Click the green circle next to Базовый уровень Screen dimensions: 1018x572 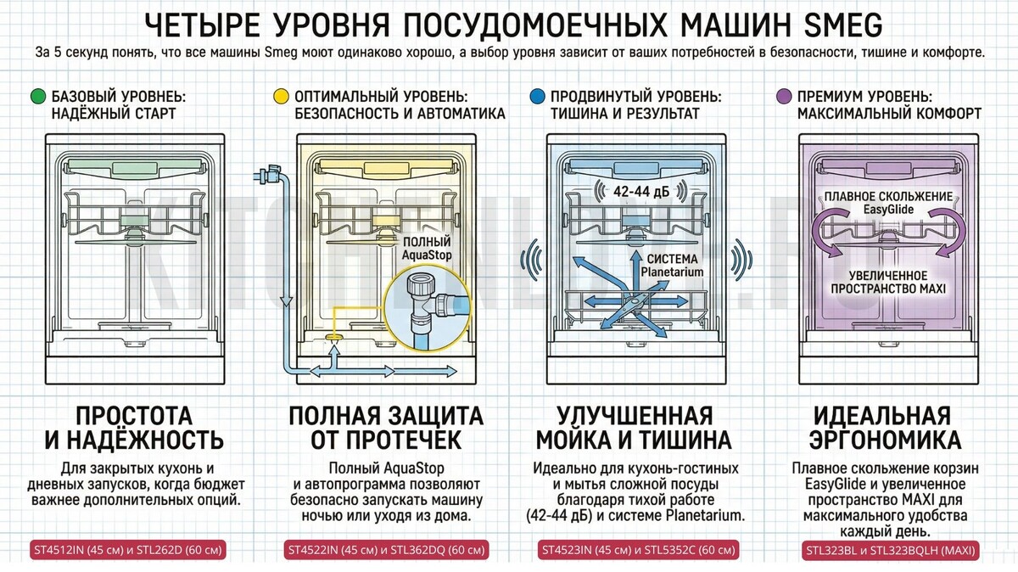(38, 97)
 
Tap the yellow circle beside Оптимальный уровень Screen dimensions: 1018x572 (282, 97)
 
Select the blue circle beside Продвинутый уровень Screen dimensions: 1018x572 (537, 97)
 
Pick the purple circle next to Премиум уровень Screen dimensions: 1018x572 (784, 97)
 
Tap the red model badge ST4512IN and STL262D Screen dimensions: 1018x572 (128, 550)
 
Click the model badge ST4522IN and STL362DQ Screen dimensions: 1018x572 (386, 550)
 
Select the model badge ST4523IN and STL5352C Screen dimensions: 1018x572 (638, 550)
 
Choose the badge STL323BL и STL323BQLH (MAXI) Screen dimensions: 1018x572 (891, 551)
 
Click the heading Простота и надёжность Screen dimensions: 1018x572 (134, 428)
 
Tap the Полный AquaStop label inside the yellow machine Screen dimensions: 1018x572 (427, 249)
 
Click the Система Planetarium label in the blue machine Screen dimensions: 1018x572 (672, 266)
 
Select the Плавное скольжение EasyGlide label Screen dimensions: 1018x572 (888, 203)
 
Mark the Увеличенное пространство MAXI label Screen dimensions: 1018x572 (888, 282)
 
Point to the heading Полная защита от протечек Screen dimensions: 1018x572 (386, 428)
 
